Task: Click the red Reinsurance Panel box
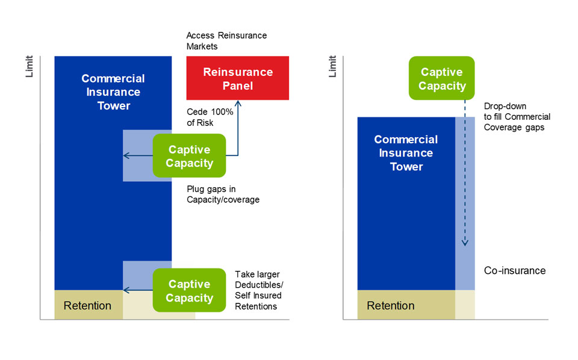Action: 238,78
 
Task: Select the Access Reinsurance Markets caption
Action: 226,41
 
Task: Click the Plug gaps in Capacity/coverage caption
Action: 223,194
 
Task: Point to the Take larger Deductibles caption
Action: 258,290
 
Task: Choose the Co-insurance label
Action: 515,270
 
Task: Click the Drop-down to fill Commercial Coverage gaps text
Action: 517,117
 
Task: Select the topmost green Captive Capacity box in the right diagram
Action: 442,79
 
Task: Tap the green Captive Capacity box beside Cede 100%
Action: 190,155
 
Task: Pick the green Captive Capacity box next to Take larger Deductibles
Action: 190,290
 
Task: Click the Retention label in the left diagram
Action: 87,305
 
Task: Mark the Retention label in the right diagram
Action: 391,305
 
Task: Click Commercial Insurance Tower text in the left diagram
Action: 113,92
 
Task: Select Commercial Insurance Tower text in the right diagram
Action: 406,153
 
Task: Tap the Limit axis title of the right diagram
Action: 332,66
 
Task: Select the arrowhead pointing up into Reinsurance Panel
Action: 238,104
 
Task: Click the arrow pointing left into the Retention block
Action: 126,291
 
